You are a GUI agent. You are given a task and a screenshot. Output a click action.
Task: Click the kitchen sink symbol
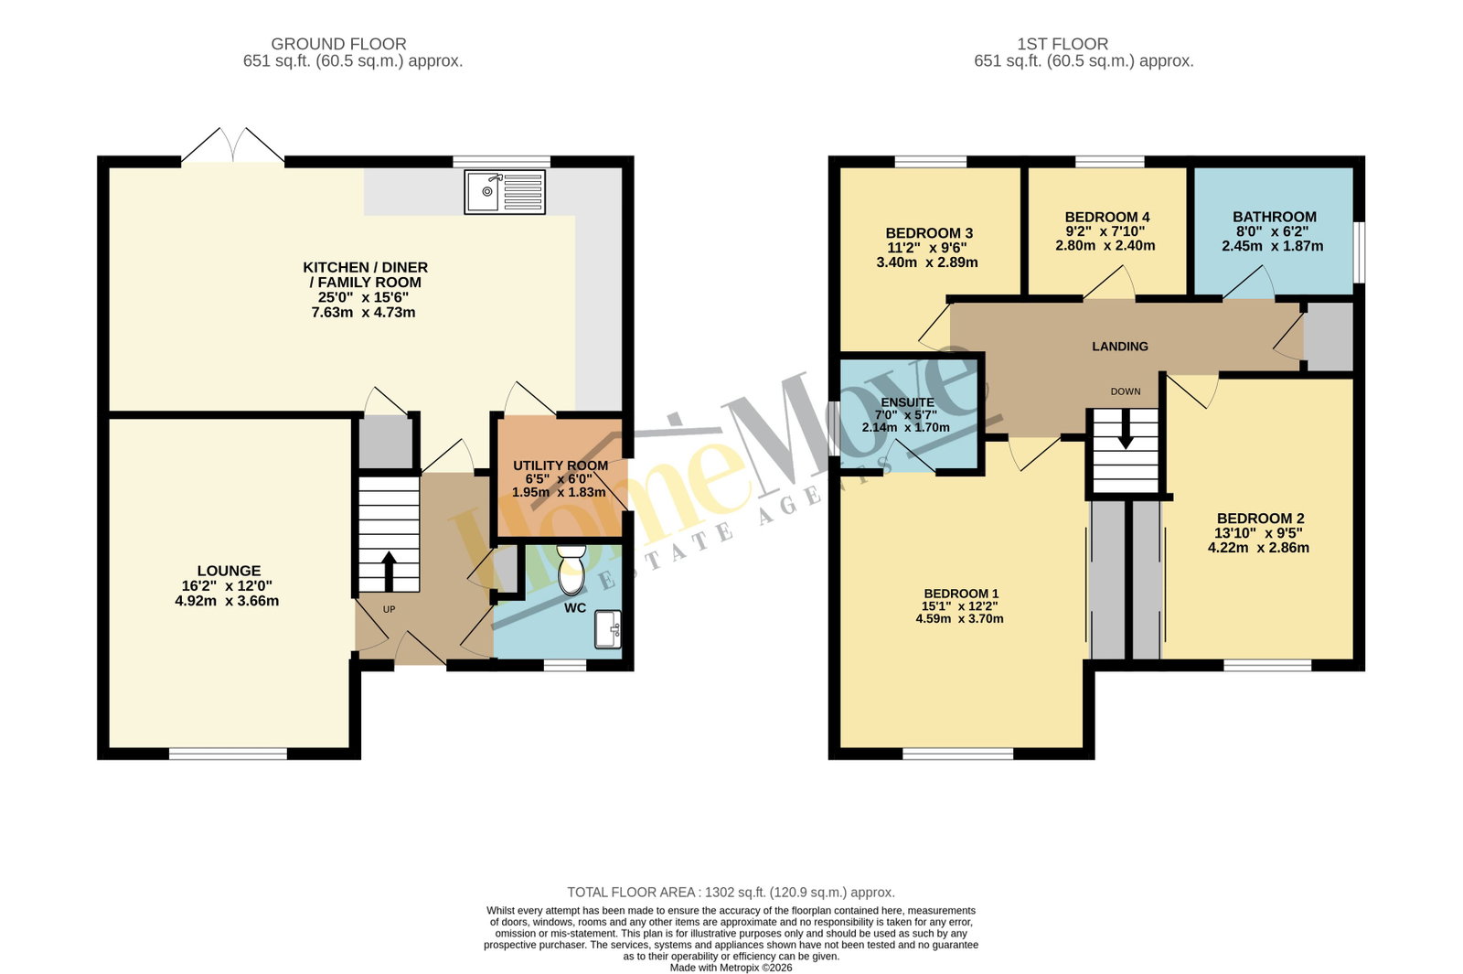click(x=504, y=192)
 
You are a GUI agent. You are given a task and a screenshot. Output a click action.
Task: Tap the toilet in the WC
click(x=571, y=571)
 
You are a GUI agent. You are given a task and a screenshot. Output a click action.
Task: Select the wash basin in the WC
click(x=607, y=629)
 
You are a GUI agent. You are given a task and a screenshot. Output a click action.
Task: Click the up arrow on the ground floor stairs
click(x=389, y=572)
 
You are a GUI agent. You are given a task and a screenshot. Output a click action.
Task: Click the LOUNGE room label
click(x=229, y=571)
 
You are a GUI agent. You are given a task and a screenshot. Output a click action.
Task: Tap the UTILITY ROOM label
click(x=561, y=466)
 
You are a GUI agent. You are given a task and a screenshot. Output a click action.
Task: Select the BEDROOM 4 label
click(x=1107, y=217)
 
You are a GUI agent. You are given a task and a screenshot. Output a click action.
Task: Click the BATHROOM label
click(x=1275, y=217)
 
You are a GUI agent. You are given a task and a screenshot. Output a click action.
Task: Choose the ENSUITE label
click(x=907, y=402)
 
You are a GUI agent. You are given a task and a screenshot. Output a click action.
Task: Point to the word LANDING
click(x=1119, y=347)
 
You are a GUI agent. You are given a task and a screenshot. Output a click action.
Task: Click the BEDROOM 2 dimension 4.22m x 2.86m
click(x=1258, y=548)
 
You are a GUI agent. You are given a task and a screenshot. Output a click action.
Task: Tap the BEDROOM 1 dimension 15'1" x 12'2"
click(x=960, y=606)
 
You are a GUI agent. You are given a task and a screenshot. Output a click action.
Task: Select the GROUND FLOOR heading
click(x=338, y=44)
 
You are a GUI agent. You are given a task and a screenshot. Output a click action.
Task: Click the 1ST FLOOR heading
click(x=1062, y=44)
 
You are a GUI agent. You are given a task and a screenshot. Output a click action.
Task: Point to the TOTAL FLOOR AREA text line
click(x=731, y=893)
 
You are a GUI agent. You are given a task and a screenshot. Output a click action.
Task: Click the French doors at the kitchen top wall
click(x=232, y=145)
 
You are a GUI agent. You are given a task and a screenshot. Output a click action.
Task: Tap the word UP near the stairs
click(x=389, y=609)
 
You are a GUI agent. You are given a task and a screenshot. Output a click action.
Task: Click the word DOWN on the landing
click(x=1126, y=391)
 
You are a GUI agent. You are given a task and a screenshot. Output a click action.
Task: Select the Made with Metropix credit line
click(x=731, y=968)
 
